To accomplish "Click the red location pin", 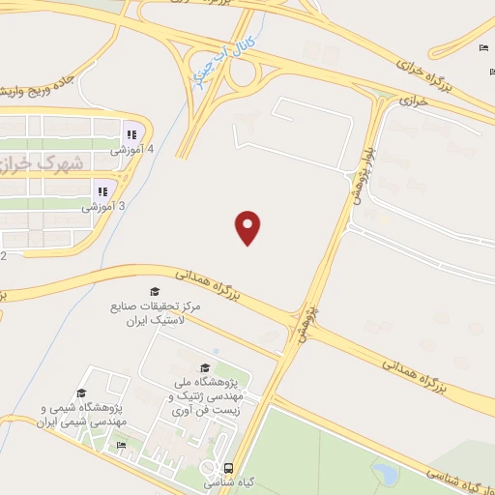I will [x=248, y=226].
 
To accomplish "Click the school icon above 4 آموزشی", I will [x=129, y=134].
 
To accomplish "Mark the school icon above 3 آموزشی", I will [x=102, y=190].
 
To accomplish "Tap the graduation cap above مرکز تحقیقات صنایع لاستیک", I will [x=154, y=291].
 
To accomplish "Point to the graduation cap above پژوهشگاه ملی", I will [x=204, y=368].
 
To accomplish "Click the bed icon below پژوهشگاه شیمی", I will [x=121, y=445].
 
